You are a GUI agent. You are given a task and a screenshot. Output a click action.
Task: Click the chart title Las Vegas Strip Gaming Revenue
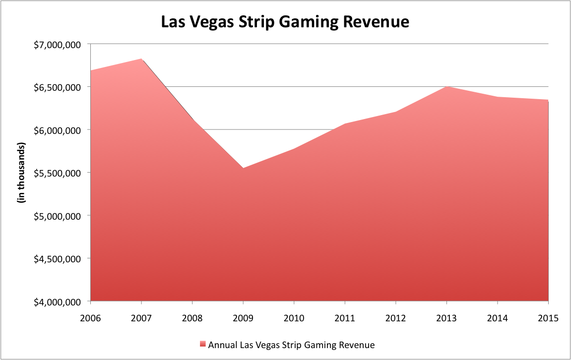pos(285,22)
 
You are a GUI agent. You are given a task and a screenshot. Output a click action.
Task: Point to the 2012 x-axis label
pos(396,317)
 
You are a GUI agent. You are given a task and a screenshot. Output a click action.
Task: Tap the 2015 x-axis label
pos(548,317)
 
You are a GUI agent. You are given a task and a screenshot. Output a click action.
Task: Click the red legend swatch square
pos(202,344)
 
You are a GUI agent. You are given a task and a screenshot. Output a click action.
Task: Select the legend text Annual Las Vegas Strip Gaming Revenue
pos(291,344)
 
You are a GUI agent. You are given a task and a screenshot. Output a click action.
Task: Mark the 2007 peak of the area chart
pos(142,59)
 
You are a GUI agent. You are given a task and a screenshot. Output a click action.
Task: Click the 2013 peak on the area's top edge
pos(447,86)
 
